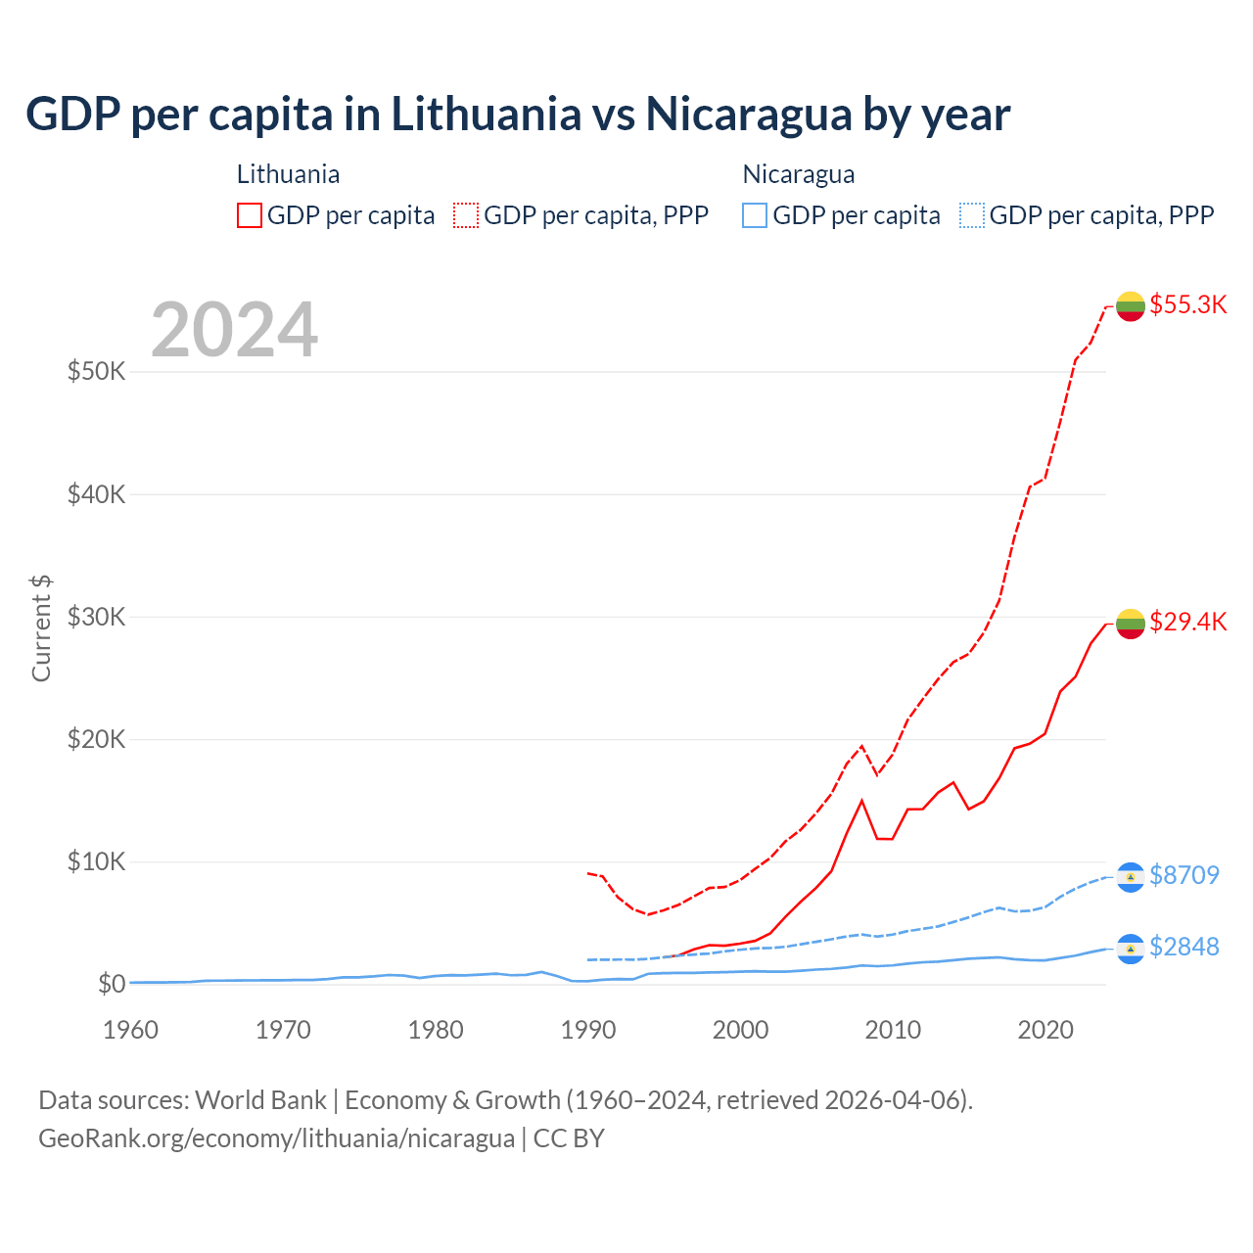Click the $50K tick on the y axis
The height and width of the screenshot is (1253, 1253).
[96, 372]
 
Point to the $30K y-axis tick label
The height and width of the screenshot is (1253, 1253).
[96, 617]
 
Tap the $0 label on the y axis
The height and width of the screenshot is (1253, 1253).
[112, 984]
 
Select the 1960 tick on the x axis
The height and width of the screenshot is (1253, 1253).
[130, 1030]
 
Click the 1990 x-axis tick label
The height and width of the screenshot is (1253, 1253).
[588, 1030]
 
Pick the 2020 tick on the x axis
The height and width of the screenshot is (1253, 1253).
[1045, 1030]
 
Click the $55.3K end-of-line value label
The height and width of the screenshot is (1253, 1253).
[1187, 304]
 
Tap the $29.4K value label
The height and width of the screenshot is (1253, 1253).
[1187, 622]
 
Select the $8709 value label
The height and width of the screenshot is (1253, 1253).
[1183, 875]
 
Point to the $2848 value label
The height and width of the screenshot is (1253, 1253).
[1183, 947]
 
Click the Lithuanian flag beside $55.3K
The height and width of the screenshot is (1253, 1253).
[1131, 306]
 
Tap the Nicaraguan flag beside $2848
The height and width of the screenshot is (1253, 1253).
[1131, 949]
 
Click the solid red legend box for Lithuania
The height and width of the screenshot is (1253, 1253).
[250, 215]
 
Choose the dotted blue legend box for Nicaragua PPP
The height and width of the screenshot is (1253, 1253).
[971, 215]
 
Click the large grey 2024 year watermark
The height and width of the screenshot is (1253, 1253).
[234, 330]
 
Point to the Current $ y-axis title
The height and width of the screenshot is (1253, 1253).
[41, 628]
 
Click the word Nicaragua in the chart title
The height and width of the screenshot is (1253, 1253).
[749, 115]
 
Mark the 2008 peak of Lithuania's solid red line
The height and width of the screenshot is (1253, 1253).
[861, 801]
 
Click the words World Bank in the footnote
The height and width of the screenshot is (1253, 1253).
[260, 1100]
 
